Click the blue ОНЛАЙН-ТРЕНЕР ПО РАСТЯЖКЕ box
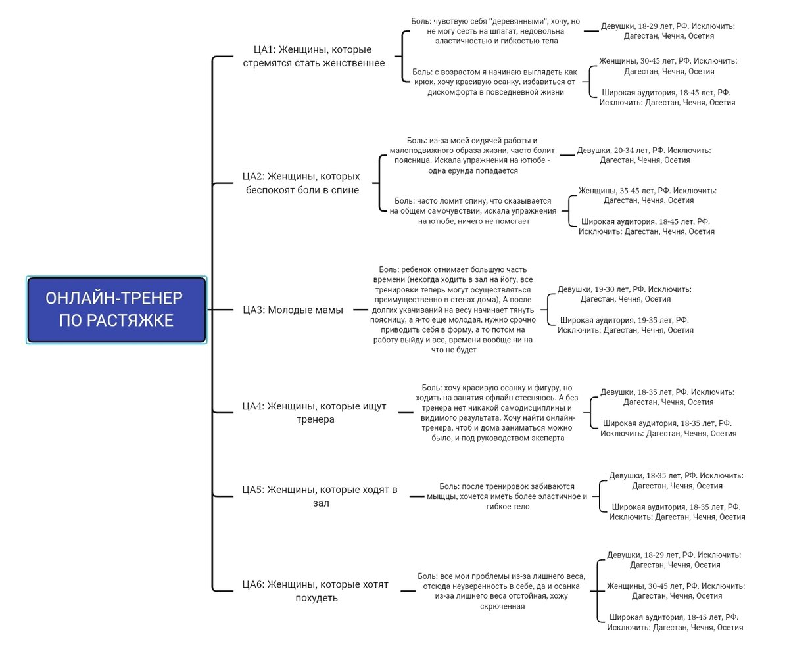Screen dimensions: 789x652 coord(116,310)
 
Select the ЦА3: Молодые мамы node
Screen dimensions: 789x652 coord(293,310)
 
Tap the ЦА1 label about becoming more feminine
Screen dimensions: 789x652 coord(314,56)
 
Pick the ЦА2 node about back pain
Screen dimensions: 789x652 coord(302,183)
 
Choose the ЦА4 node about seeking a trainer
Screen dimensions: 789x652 coord(314,413)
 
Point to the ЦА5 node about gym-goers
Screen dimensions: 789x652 coord(320,496)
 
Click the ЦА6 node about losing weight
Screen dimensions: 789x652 coord(316,591)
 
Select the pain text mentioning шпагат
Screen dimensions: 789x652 coord(495,31)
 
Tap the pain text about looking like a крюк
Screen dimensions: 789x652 coord(494,81)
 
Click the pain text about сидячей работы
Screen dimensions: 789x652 coord(472,155)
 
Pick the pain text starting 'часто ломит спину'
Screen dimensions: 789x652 coord(473,211)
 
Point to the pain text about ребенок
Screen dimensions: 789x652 coord(453,310)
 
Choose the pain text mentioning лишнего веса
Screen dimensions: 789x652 coord(502,591)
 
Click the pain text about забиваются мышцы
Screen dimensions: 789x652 coord(507,496)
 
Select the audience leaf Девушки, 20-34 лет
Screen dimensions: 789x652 coord(644,155)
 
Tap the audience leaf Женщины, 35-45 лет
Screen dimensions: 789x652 coord(648,195)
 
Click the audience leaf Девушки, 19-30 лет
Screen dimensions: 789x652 coord(625,294)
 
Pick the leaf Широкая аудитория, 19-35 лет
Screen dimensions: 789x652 coord(625,325)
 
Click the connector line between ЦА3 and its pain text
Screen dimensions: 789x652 coord(360,310)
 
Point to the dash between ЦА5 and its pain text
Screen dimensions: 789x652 coord(417,496)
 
